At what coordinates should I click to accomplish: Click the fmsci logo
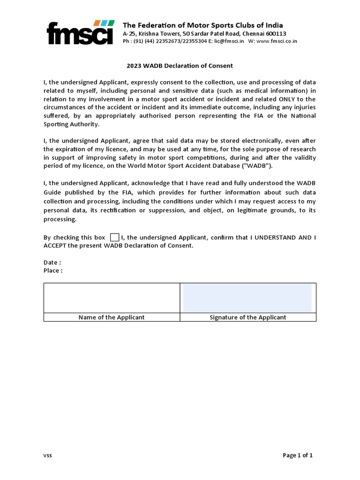[80, 33]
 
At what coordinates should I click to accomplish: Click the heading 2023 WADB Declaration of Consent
[180, 66]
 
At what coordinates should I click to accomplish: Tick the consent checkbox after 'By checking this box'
[114, 238]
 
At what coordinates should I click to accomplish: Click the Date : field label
[52, 262]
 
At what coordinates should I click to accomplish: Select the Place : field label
[53, 270]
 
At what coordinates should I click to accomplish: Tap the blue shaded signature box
[247, 298]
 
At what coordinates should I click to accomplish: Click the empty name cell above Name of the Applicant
[112, 298]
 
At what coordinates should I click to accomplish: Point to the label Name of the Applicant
[112, 317]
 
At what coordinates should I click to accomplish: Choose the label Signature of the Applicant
[247, 317]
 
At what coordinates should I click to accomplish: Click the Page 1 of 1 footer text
[298, 455]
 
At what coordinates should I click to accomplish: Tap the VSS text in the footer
[48, 456]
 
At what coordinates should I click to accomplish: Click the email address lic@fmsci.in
[229, 41]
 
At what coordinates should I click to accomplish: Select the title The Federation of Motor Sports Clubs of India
[202, 25]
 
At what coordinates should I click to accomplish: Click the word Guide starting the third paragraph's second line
[53, 193]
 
